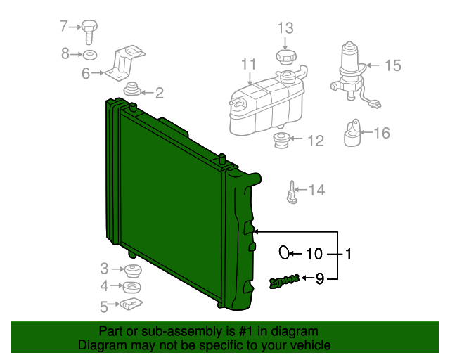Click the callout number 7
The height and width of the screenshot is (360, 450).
click(63, 27)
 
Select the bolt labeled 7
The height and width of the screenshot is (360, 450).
click(89, 31)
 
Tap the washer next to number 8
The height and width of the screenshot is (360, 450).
click(90, 54)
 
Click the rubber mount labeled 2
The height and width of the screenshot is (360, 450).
click(131, 89)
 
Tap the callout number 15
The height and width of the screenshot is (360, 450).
click(392, 65)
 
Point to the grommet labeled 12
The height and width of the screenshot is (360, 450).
click(281, 140)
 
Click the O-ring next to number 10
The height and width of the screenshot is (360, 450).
click(285, 252)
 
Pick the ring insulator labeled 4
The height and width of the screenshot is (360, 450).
click(131, 287)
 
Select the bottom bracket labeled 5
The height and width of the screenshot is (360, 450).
click(131, 305)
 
